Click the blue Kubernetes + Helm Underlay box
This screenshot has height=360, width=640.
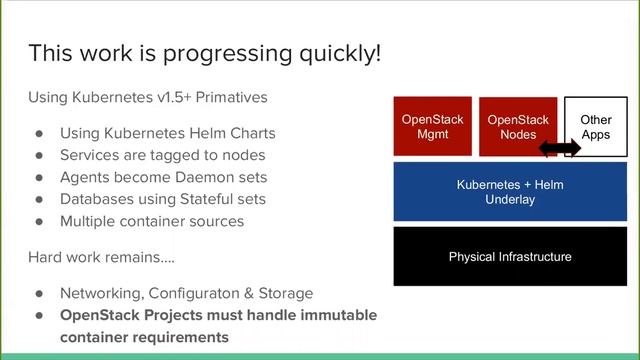point(510,192)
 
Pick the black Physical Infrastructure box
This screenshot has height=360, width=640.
point(510,257)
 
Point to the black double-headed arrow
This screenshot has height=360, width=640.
point(560,148)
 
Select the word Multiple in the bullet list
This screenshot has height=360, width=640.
point(91,221)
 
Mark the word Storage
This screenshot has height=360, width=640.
point(284,293)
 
